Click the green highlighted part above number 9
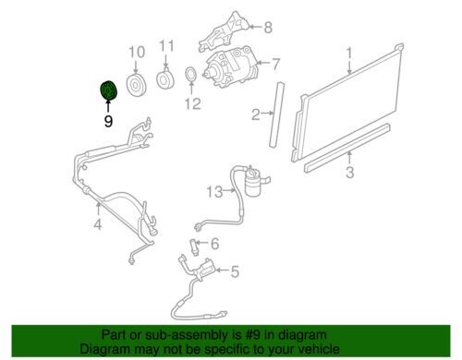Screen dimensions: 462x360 point(108,90)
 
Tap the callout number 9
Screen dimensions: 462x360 point(108,122)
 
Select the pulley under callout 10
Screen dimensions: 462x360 point(136,85)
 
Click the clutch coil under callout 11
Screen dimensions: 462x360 point(165,79)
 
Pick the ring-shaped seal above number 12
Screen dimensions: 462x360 point(191,74)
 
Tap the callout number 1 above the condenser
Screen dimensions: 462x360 point(349,54)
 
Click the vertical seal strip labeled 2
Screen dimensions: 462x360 point(276,114)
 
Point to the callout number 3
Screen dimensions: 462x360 point(349,172)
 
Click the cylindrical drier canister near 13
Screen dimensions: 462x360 point(254,183)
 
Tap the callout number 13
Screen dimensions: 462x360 point(214,192)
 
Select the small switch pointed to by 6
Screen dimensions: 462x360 point(193,246)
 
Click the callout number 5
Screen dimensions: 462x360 point(235,272)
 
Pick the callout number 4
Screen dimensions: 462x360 point(98,224)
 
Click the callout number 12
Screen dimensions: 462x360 point(193,103)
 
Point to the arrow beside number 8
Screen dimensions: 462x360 point(256,27)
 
